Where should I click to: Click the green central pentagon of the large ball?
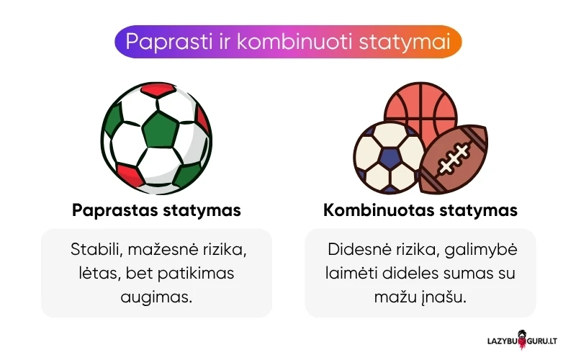(x=160, y=130)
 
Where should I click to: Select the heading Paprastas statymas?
(x=156, y=211)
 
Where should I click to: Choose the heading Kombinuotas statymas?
(x=420, y=211)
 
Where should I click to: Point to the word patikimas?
(x=203, y=274)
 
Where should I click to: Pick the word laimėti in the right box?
(x=347, y=274)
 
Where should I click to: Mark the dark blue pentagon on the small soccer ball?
(x=389, y=157)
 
